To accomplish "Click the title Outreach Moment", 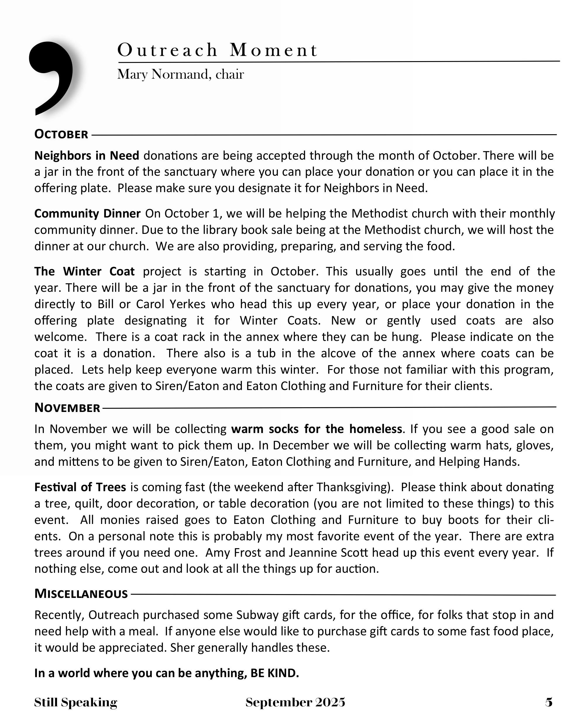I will [217, 50].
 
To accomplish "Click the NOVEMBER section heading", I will [67, 408].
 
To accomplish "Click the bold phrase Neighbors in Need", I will [87, 156].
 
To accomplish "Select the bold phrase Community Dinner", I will [87, 213].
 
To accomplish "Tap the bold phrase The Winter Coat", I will [84, 271].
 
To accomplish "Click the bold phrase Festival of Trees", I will [80, 487].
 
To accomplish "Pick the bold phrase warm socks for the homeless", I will [316, 429].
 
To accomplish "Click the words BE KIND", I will [274, 673].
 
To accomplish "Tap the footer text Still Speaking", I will [75, 702].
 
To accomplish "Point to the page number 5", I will [549, 702].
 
